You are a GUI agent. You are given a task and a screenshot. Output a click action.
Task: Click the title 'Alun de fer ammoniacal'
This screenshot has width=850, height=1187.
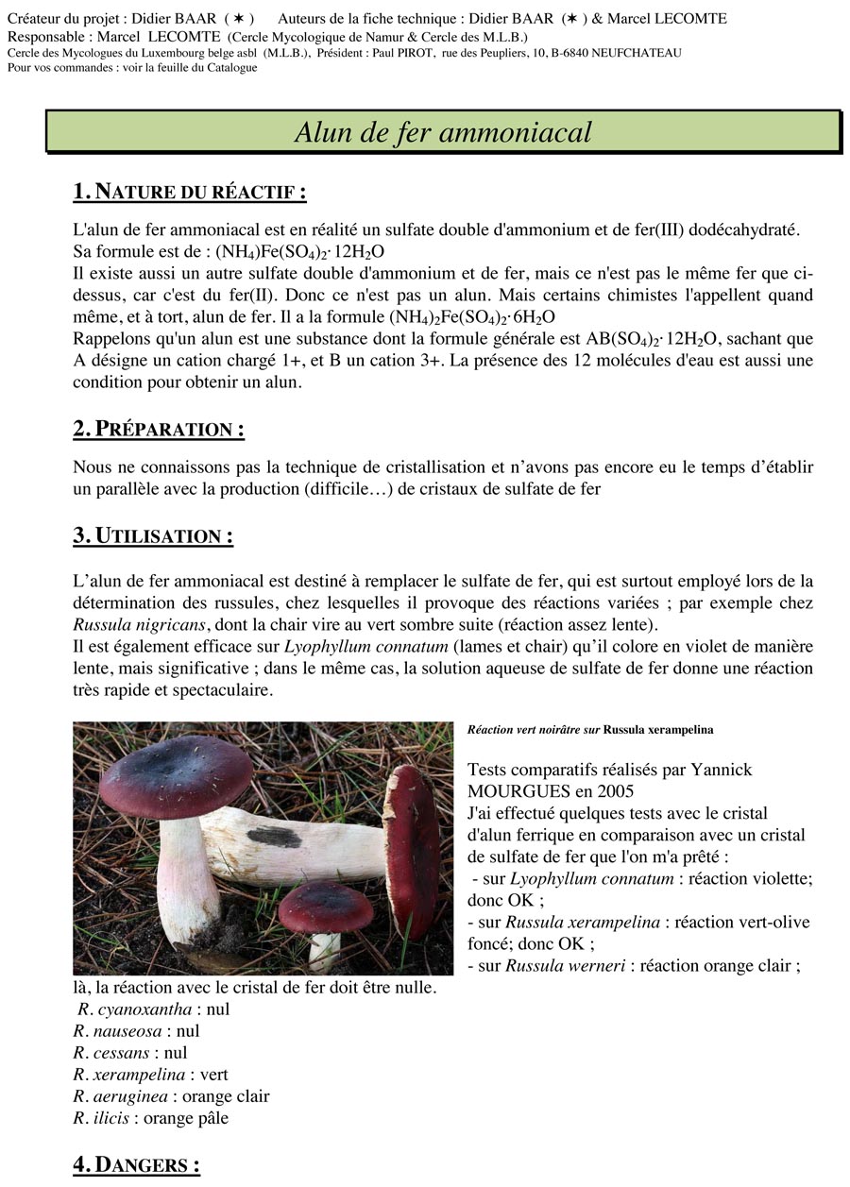(443, 131)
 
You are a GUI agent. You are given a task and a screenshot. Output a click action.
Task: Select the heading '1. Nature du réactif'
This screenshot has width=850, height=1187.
(189, 192)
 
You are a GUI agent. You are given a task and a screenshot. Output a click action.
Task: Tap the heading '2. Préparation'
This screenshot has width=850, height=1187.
(159, 429)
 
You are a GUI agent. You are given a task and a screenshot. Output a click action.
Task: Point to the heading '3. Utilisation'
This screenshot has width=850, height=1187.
(153, 535)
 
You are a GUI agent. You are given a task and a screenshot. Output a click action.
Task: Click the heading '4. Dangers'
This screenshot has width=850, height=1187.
(136, 1164)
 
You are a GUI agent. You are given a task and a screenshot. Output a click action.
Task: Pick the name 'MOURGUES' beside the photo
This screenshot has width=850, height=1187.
(515, 790)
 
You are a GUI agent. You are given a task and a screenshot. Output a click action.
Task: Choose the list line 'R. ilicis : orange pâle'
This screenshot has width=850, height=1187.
(150, 1118)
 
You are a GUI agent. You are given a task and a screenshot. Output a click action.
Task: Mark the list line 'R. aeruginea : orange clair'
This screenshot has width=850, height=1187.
(171, 1096)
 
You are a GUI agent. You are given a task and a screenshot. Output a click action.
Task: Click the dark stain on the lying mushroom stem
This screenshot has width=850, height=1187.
(275, 836)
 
